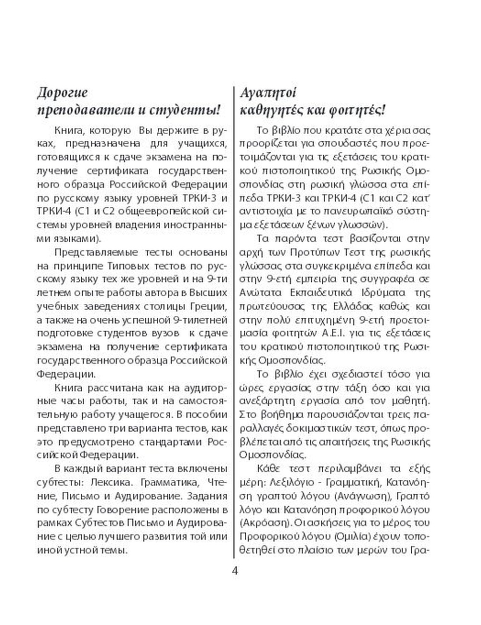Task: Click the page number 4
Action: [x=235, y=571]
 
